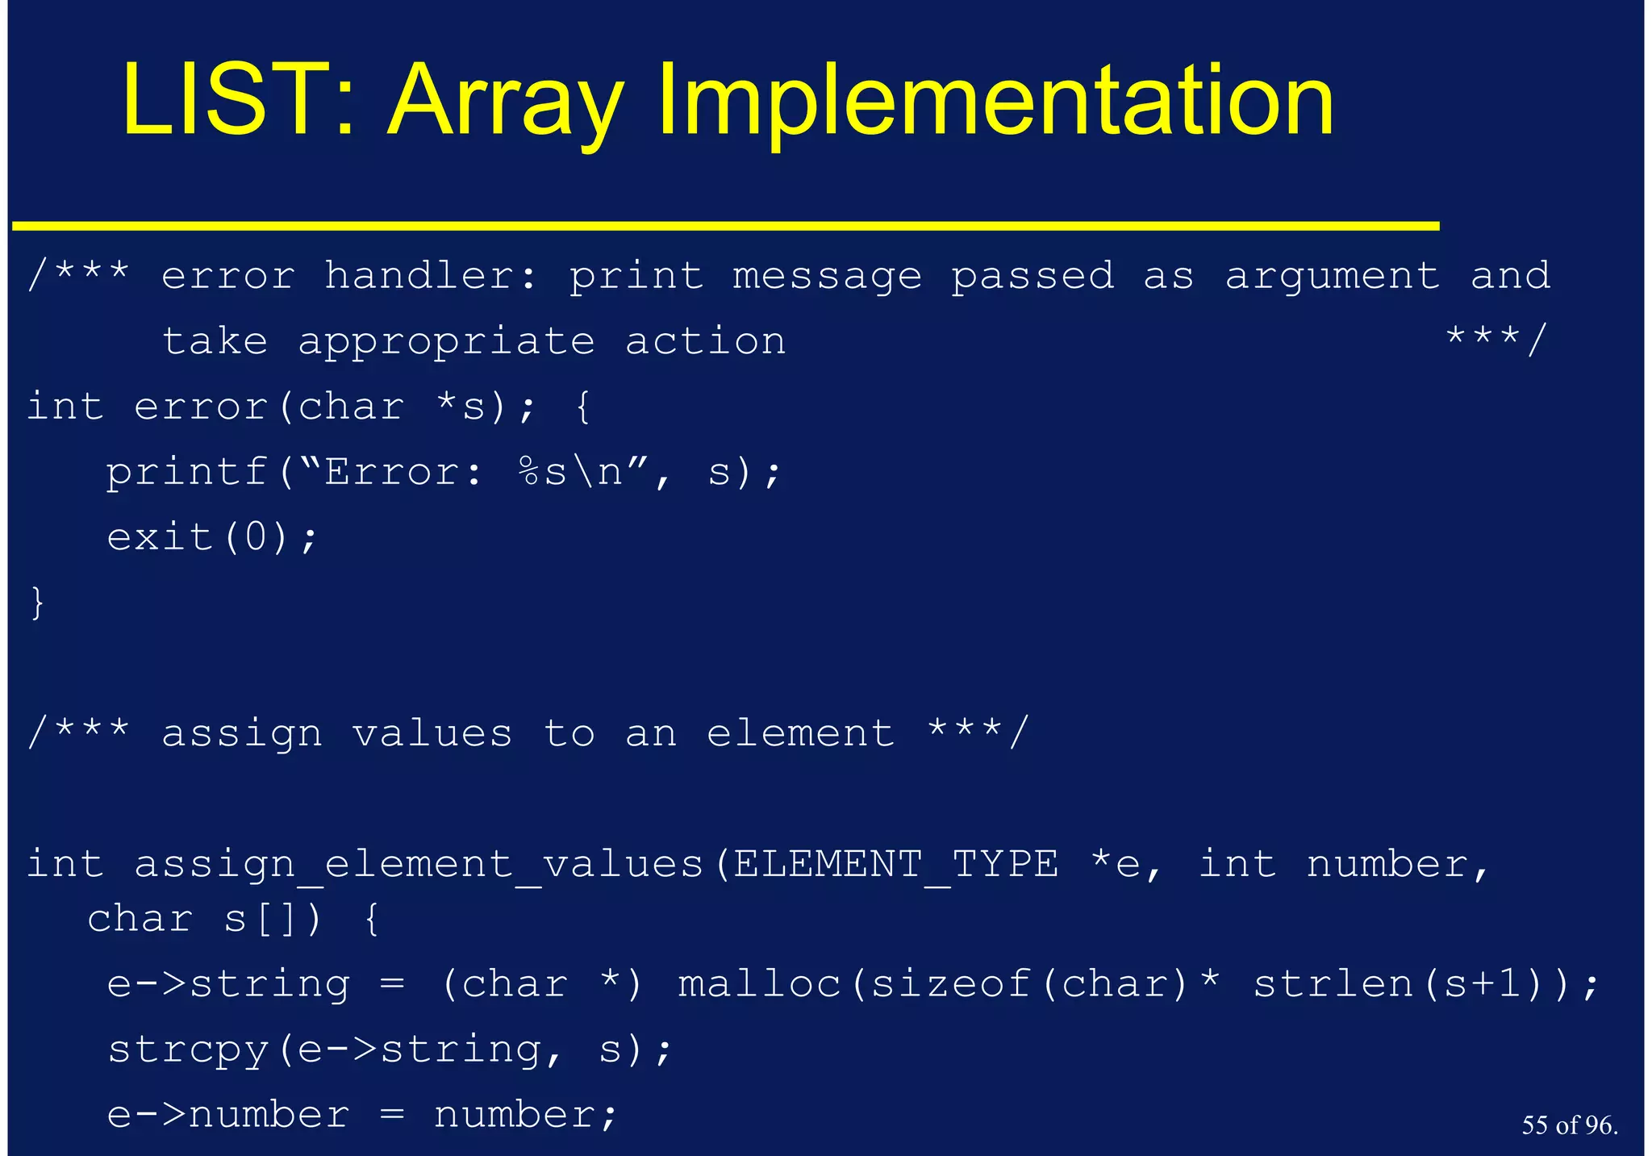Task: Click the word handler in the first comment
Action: [x=429, y=276]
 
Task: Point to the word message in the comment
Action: [x=827, y=278]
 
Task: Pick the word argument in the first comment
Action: [x=1332, y=278]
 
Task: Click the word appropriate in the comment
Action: [x=446, y=343]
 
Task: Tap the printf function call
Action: [x=186, y=473]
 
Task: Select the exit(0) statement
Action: [x=212, y=537]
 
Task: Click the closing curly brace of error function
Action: [x=37, y=603]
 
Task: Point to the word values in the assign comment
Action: [x=432, y=733]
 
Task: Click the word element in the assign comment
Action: [x=800, y=733]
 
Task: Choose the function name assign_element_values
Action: [x=419, y=866]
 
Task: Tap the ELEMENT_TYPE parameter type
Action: [x=895, y=865]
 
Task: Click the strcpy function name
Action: [x=188, y=1050]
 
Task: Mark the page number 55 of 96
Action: [x=1569, y=1125]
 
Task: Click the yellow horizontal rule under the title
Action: [x=726, y=226]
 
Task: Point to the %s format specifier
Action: [x=542, y=472]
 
